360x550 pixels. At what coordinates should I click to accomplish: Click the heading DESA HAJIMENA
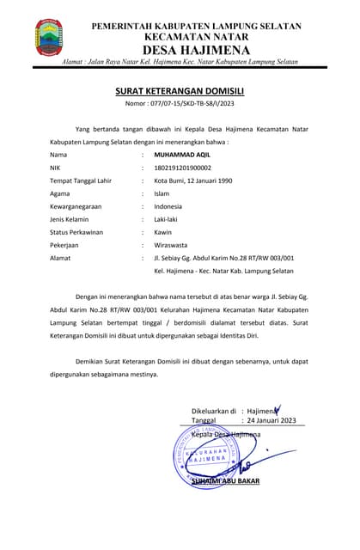[196, 51]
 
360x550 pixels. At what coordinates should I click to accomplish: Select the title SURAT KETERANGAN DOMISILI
[180, 90]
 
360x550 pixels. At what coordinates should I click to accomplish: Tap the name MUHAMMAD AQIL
[182, 154]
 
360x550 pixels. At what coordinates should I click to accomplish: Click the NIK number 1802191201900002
[182, 168]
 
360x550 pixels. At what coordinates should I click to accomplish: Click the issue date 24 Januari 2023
[271, 420]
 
